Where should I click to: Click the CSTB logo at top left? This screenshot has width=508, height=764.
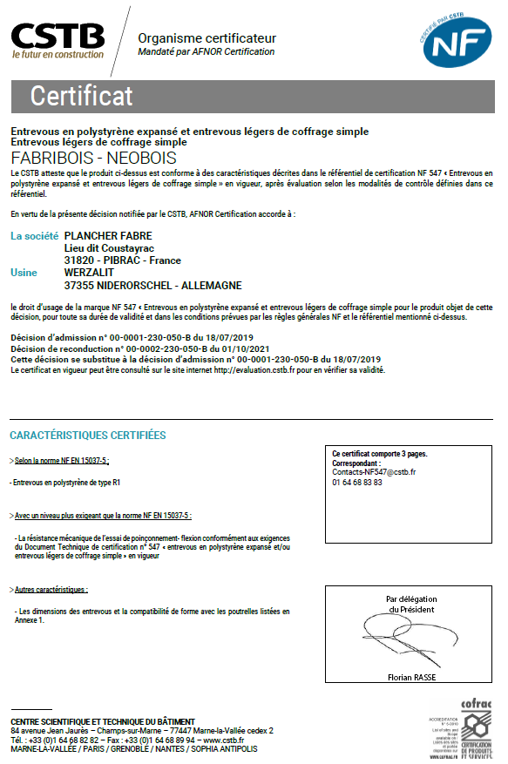pyautogui.click(x=58, y=39)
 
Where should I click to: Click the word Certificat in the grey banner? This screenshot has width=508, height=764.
pyautogui.click(x=82, y=95)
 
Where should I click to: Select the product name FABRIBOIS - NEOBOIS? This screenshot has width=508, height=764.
pyautogui.click(x=93, y=158)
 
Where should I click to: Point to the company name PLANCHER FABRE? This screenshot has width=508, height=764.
pyautogui.click(x=108, y=235)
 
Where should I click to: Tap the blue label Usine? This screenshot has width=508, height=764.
pyautogui.click(x=24, y=273)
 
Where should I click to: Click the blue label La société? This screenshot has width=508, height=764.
pyautogui.click(x=34, y=235)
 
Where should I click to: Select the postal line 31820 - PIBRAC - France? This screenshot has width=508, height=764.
pyautogui.click(x=123, y=260)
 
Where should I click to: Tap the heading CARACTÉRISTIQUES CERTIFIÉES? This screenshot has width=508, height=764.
pyautogui.click(x=87, y=435)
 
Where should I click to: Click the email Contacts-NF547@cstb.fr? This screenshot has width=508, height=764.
pyautogui.click(x=374, y=471)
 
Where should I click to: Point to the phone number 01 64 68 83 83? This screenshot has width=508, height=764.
pyautogui.click(x=357, y=482)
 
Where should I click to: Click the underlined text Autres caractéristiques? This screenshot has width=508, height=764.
pyautogui.click(x=51, y=590)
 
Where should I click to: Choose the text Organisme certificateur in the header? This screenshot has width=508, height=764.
pyautogui.click(x=207, y=38)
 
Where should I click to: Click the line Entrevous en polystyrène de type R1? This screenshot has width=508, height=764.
pyautogui.click(x=64, y=481)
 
